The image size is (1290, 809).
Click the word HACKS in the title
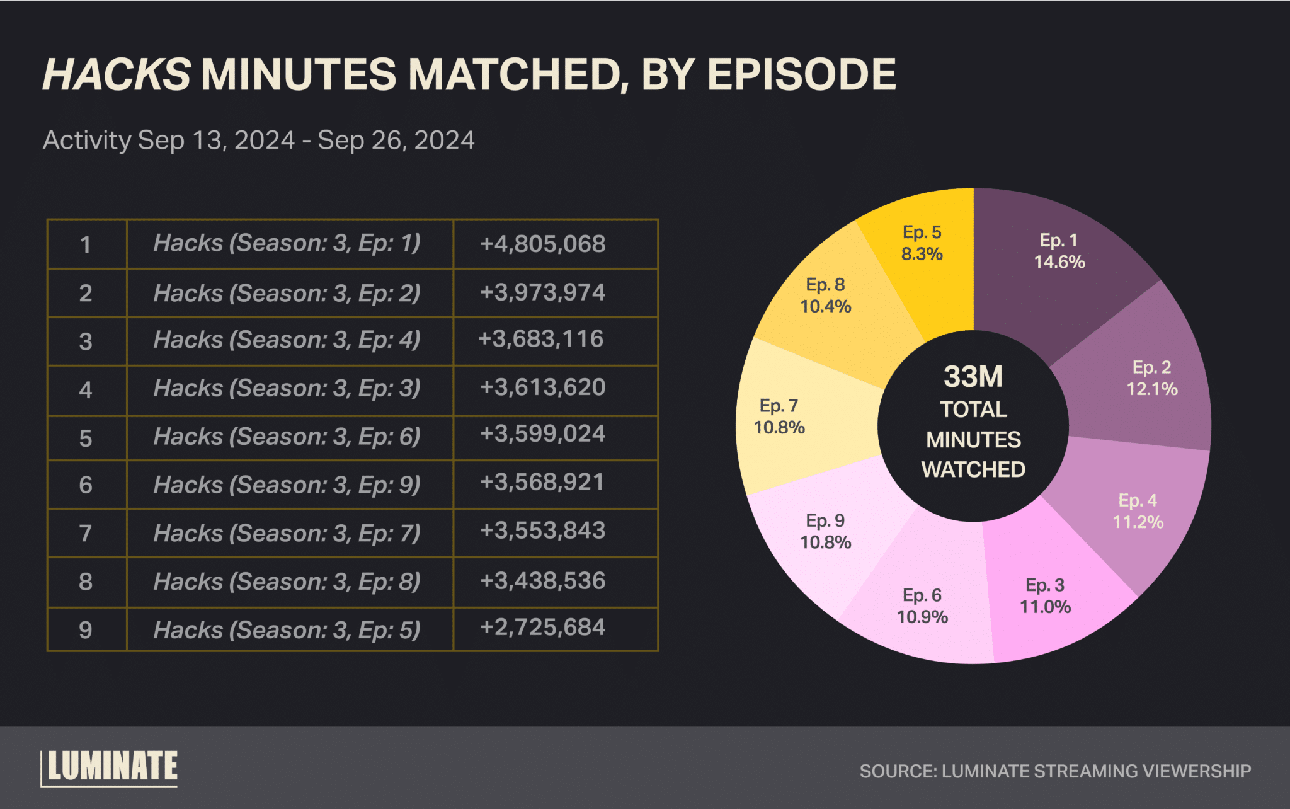point(117,75)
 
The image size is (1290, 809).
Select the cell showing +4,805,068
point(542,244)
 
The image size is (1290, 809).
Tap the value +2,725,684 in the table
point(542,628)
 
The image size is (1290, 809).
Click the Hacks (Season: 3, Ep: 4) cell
point(287,340)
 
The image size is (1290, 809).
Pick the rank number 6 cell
point(86,485)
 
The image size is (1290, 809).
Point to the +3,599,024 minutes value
point(542,434)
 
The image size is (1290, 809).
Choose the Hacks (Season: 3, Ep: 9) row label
point(287,485)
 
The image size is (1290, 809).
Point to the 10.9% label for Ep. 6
point(922,617)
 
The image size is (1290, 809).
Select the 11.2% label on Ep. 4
point(1138,522)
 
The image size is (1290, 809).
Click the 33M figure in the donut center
point(973,377)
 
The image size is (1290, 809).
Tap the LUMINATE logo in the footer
point(110,767)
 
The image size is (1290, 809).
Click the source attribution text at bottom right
point(1055,771)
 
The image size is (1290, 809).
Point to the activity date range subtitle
point(258,140)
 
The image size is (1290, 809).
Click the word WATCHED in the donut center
point(973,469)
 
